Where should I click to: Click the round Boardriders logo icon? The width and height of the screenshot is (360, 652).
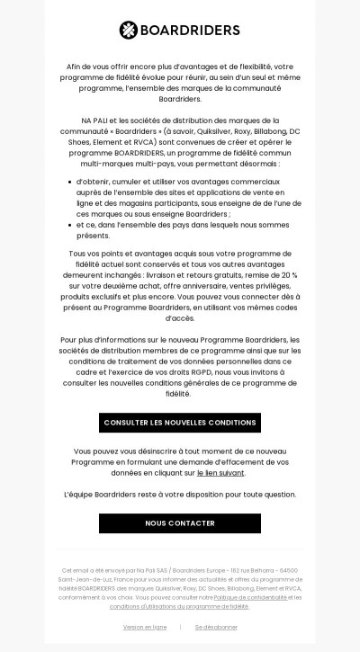(x=129, y=30)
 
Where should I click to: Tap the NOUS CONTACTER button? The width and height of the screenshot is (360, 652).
(x=179, y=522)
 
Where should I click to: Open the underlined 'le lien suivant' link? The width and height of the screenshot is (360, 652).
(x=220, y=472)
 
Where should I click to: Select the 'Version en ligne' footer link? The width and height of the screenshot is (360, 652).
(x=145, y=627)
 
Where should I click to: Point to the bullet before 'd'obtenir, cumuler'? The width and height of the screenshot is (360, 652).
(x=74, y=183)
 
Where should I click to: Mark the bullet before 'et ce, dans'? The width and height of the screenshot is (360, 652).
(x=74, y=226)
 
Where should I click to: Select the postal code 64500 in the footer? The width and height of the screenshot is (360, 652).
(x=287, y=569)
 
